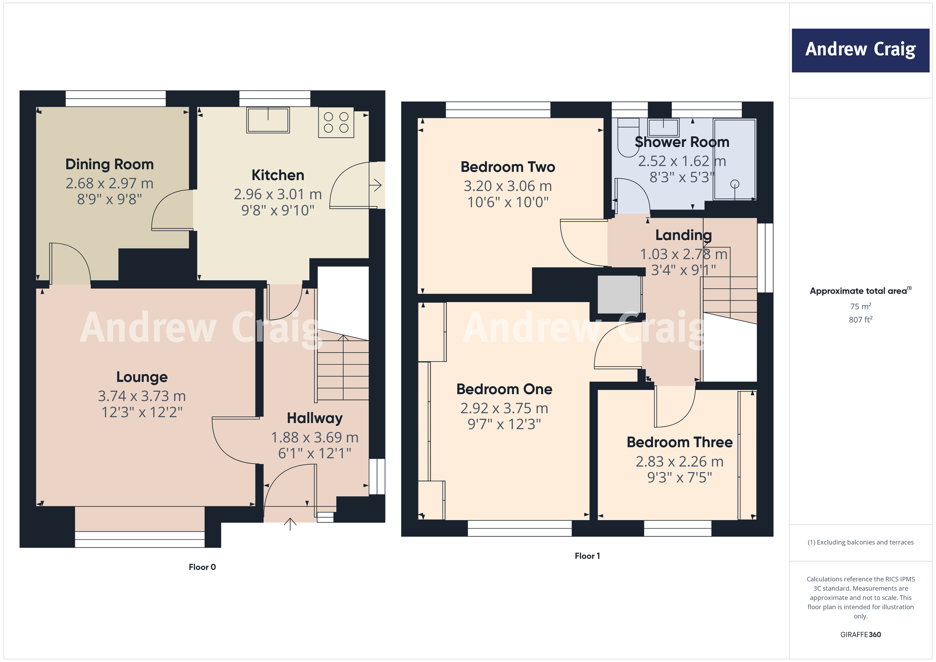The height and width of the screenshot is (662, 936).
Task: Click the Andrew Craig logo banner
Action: click(x=860, y=50)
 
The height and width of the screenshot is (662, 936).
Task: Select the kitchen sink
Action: click(x=268, y=120)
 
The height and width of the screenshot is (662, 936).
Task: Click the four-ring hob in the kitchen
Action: click(x=336, y=122)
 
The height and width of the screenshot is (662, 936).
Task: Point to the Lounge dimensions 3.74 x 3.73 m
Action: click(x=142, y=396)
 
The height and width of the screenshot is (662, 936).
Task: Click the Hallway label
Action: click(x=315, y=418)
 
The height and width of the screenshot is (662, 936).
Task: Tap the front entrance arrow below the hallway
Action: click(x=290, y=524)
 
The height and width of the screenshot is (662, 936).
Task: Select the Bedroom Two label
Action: click(x=508, y=167)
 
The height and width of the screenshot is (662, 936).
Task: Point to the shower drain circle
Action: click(x=735, y=184)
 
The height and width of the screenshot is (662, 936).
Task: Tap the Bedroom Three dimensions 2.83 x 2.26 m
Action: click(x=680, y=461)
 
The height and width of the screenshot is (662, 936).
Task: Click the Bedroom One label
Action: click(x=504, y=389)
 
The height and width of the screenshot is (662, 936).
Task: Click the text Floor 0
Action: click(x=202, y=567)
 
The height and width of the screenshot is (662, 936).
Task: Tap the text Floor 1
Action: click(x=587, y=556)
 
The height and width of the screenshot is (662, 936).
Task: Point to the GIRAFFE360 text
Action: click(x=861, y=635)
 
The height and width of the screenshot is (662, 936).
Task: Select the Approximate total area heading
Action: click(x=860, y=291)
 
